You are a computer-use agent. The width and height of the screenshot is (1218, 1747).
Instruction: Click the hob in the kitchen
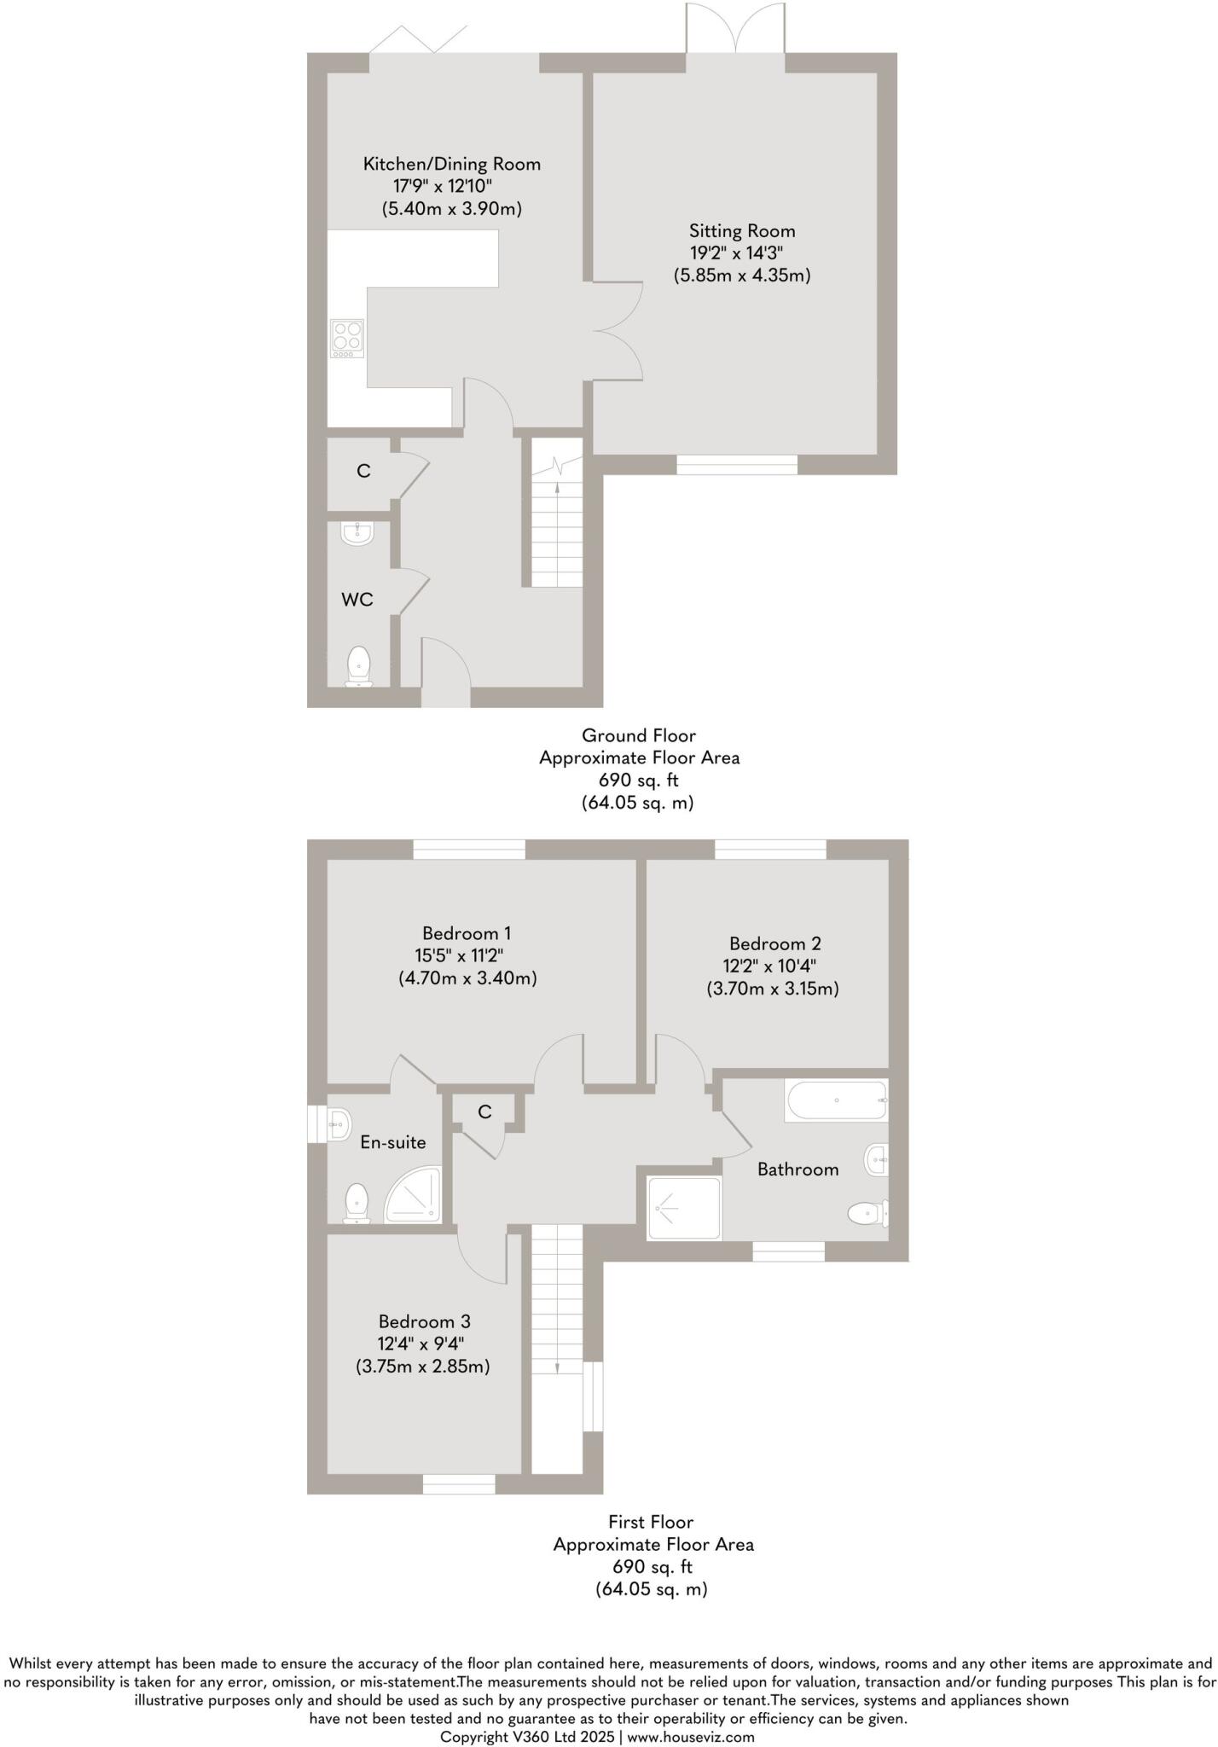click(347, 339)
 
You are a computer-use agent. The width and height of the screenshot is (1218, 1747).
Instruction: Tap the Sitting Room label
click(742, 231)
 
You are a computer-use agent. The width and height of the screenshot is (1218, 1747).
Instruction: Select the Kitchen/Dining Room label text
click(451, 164)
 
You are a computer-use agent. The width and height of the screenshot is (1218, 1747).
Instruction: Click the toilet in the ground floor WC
click(359, 666)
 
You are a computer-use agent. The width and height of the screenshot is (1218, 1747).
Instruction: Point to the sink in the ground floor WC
click(357, 532)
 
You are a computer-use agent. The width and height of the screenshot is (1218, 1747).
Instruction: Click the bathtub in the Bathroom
click(836, 1100)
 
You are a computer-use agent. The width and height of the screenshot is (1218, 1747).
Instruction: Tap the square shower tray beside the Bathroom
click(684, 1208)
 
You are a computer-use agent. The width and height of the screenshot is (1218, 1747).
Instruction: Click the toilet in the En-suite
click(357, 1203)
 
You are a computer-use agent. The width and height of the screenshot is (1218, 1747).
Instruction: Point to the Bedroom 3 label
click(424, 1321)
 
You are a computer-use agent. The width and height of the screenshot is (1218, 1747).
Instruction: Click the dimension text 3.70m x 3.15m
click(772, 989)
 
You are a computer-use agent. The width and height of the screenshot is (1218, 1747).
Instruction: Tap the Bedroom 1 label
click(467, 933)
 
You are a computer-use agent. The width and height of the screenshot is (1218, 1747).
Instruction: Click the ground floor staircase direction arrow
click(557, 489)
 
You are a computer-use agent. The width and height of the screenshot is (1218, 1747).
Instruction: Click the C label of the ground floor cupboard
click(363, 471)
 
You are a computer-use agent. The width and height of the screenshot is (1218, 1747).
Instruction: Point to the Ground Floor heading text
click(639, 735)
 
